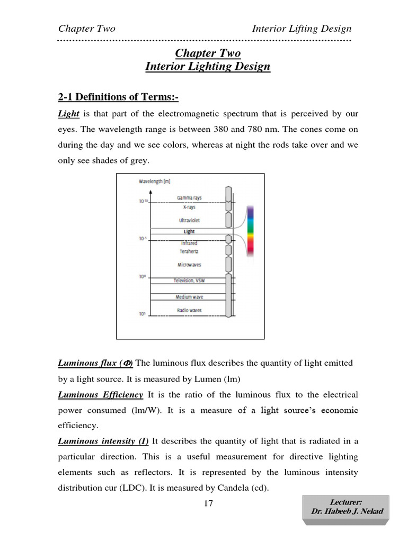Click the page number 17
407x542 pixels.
click(x=208, y=503)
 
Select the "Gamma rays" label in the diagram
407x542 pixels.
click(x=189, y=198)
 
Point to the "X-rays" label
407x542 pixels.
click(x=189, y=207)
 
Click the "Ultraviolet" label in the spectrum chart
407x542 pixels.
click(x=189, y=220)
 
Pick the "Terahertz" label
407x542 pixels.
click(x=189, y=251)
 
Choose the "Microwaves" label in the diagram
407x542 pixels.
click(x=189, y=265)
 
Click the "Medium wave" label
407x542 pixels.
click(x=189, y=297)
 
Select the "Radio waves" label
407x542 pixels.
click(x=189, y=310)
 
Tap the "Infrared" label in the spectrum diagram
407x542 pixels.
click(x=189, y=243)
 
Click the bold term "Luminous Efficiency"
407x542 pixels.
click(x=100, y=395)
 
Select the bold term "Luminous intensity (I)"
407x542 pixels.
click(x=103, y=441)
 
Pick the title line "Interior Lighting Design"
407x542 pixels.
click(x=208, y=67)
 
